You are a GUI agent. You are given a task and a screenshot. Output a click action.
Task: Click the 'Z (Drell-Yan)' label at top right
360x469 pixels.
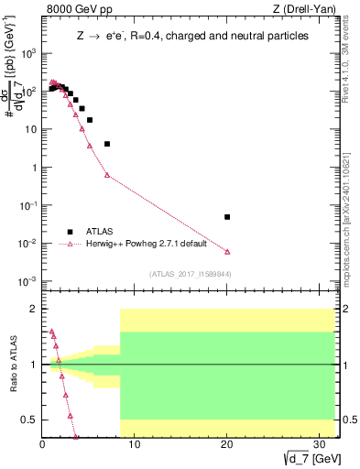[309, 10]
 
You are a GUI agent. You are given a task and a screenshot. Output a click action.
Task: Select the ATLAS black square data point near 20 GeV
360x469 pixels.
[227, 217]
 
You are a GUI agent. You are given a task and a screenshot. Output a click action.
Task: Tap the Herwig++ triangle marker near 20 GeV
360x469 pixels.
[227, 251]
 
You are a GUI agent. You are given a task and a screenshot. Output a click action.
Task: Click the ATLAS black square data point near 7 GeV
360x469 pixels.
[107, 144]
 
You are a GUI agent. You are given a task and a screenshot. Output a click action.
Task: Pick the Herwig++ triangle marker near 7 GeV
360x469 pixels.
[107, 175]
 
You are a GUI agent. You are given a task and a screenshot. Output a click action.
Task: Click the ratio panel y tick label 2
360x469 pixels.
[33, 309]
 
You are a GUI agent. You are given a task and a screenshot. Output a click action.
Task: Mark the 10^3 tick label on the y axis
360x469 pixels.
[27, 53]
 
